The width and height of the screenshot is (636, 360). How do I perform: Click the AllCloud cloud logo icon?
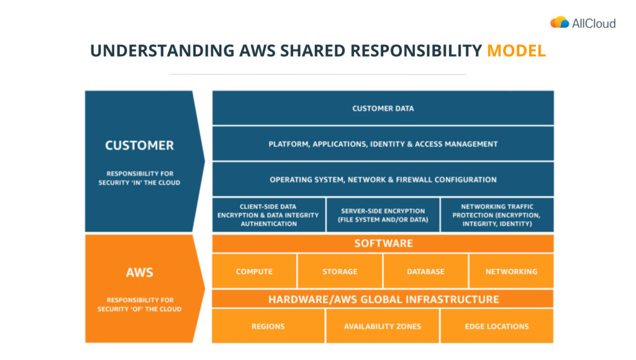click(x=559, y=22)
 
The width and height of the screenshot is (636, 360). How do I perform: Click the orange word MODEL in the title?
click(x=516, y=51)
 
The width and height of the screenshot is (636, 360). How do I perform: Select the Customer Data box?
click(x=383, y=108)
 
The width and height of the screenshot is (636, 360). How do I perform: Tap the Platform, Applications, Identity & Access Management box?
click(x=383, y=144)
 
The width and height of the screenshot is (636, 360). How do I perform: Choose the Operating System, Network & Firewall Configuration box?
click(x=383, y=179)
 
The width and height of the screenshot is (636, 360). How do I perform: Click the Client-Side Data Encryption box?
click(x=268, y=215)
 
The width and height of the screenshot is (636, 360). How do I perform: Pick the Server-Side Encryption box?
click(x=383, y=215)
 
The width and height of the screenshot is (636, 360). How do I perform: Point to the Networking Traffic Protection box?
click(x=497, y=215)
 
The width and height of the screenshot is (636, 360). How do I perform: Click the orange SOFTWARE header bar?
click(x=383, y=243)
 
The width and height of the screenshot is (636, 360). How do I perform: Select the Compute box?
click(x=254, y=271)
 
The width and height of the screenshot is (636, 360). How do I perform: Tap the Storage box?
click(x=340, y=271)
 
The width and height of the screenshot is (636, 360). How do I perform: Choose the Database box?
click(x=425, y=271)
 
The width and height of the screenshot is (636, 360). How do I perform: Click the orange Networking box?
click(x=511, y=271)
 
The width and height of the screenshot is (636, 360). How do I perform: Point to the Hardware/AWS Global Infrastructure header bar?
click(x=383, y=299)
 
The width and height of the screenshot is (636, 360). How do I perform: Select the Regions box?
click(x=268, y=326)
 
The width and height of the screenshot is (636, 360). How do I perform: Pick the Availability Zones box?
click(x=383, y=326)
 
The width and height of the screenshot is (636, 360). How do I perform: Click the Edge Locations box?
click(x=497, y=326)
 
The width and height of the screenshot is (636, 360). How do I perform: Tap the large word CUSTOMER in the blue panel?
click(x=139, y=146)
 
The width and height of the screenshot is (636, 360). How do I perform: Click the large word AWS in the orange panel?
click(x=139, y=272)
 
